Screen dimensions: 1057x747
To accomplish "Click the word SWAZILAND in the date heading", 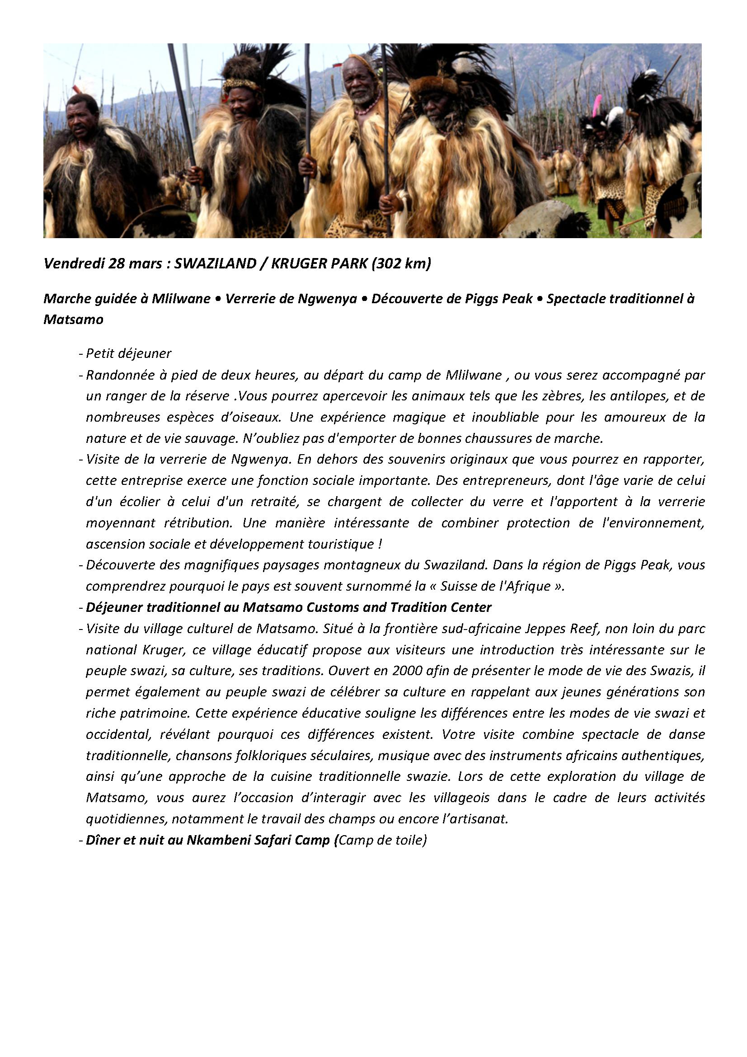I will (x=216, y=264).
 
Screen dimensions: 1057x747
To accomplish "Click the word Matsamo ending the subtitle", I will (x=73, y=319).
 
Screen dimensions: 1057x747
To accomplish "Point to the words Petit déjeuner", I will (x=128, y=353).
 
